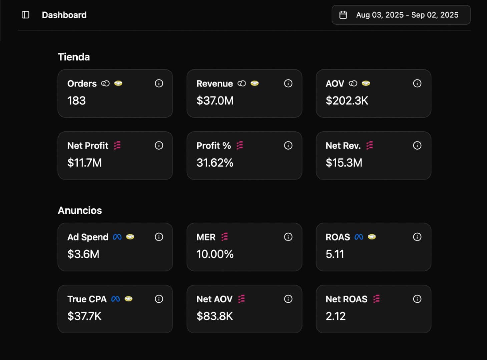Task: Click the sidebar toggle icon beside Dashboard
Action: tap(25, 15)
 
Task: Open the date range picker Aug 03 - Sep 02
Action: tap(401, 15)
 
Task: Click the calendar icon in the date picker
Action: tap(343, 15)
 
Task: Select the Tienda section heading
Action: tap(74, 57)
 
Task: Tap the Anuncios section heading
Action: tap(80, 210)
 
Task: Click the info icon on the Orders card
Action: tap(159, 83)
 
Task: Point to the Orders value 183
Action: tap(76, 101)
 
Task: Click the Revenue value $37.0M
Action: tap(215, 101)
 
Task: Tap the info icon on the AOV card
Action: tap(417, 83)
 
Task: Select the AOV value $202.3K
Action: tap(347, 101)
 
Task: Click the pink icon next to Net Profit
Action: tap(117, 145)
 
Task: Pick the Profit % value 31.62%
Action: tap(215, 163)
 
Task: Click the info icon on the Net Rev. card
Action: tap(417, 145)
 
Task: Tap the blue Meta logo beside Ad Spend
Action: tap(117, 237)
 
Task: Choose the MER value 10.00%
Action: tap(215, 254)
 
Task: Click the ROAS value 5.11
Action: tap(335, 254)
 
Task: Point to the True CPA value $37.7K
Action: tap(84, 316)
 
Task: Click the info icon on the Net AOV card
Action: tap(288, 299)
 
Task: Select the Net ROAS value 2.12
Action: tap(336, 316)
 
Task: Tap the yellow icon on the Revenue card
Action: tap(255, 83)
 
